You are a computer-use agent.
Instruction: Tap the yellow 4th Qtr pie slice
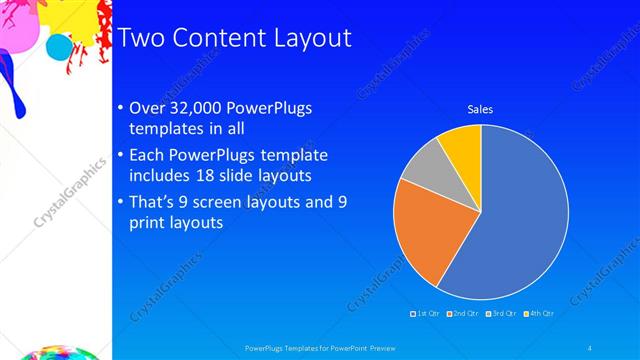[x=462, y=145]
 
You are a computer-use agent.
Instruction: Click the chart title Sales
[x=481, y=109]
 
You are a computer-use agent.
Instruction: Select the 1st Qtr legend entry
[x=426, y=313]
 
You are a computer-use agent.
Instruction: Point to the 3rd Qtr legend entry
[x=500, y=313]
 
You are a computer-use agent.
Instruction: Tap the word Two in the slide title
[x=143, y=38]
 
